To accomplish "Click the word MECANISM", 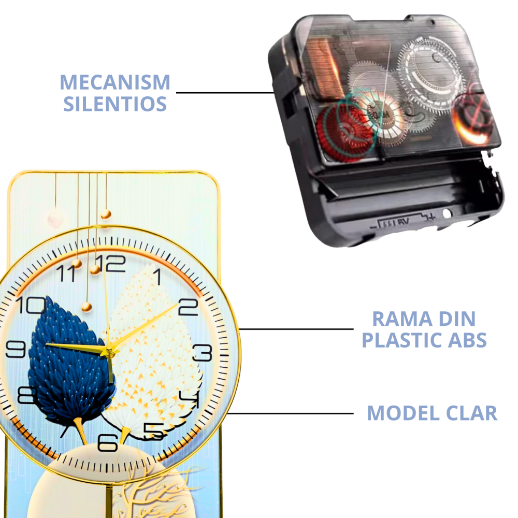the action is pyautogui.click(x=115, y=82).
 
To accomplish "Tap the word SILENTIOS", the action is pyautogui.click(x=115, y=104).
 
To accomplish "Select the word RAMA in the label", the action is pyautogui.click(x=402, y=319).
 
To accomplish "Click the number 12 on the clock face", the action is pyautogui.click(x=111, y=263).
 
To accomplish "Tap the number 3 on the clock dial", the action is pyautogui.click(x=203, y=352).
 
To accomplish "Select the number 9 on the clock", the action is pyautogui.click(x=16, y=349).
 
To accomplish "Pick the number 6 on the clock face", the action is pyautogui.click(x=108, y=443).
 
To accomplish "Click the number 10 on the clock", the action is pyautogui.click(x=31, y=305).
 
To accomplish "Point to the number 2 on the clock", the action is pyautogui.click(x=188, y=307).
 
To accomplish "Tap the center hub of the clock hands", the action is pyautogui.click(x=108, y=352).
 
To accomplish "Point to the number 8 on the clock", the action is pyautogui.click(x=27, y=395).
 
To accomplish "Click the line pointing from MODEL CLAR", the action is pyautogui.click(x=291, y=413).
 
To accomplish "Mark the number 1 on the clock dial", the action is pyautogui.click(x=158, y=277).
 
